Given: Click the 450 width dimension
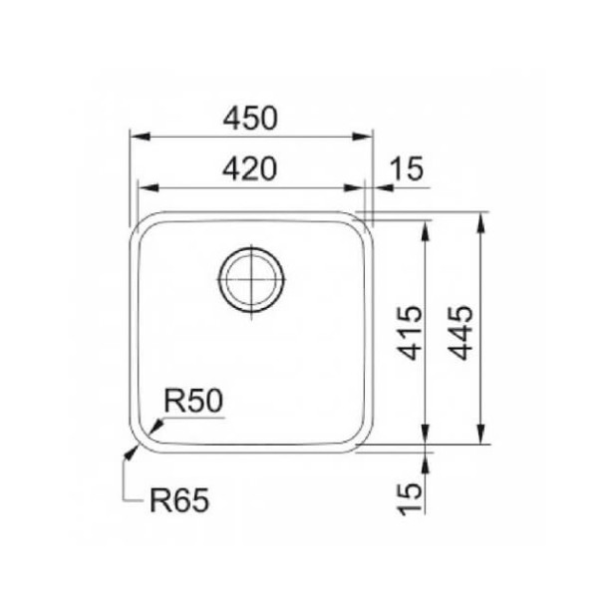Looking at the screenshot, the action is [x=250, y=119].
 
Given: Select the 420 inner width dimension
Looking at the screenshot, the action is [x=250, y=169].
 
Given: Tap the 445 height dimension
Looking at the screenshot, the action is [x=461, y=332].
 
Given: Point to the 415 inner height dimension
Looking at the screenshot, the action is [x=411, y=332].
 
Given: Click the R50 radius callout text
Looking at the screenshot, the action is [x=193, y=401].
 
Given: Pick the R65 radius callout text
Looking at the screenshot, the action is [x=179, y=500].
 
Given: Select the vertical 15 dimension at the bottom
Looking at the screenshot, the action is [x=410, y=499].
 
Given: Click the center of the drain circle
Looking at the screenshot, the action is [x=251, y=279].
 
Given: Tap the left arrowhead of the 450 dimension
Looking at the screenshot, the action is [x=140, y=137].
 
